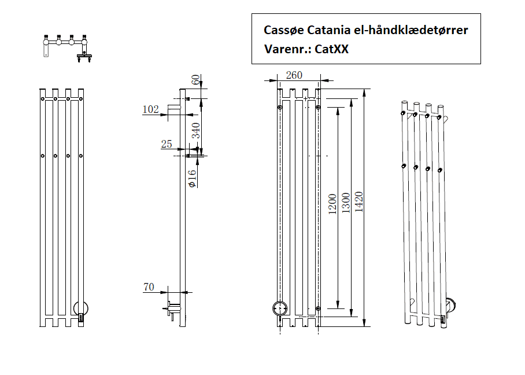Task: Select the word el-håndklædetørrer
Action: pos(411,30)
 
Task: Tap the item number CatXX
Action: pos(332,49)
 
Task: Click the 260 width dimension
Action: pos(294,76)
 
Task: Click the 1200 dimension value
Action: pos(332,203)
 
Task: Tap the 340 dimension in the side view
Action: pos(196,134)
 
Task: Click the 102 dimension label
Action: pos(150,109)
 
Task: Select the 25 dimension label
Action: pos(167,144)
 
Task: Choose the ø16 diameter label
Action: pos(193,177)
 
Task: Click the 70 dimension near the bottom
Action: pos(149,286)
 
